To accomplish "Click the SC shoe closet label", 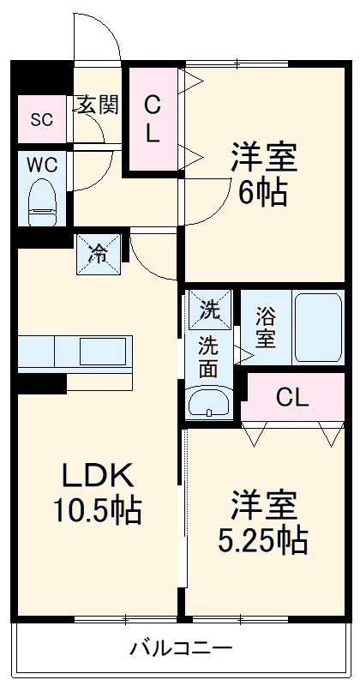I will (42, 119).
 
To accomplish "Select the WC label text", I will (41, 164).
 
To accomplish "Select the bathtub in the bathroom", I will (318, 327).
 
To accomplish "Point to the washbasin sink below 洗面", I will (207, 400).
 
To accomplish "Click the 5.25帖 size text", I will (262, 540).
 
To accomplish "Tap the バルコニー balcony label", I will (180, 647).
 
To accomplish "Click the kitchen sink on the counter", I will (102, 351).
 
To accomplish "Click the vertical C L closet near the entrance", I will (152, 119).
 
